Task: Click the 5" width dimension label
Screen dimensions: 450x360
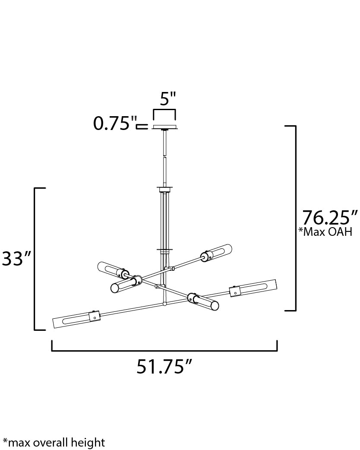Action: [x=168, y=99]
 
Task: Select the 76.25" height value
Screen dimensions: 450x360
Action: [x=330, y=218]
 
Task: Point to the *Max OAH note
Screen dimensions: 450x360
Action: [x=325, y=232]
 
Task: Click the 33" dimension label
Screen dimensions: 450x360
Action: [x=17, y=259]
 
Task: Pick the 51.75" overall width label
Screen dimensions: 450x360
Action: [x=164, y=367]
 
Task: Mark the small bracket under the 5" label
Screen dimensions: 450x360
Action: [x=164, y=112]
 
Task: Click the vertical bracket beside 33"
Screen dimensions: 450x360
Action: [x=35, y=259]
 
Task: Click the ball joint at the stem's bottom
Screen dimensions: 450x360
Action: [x=164, y=304]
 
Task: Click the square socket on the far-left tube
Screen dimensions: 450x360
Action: [x=95, y=317]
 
